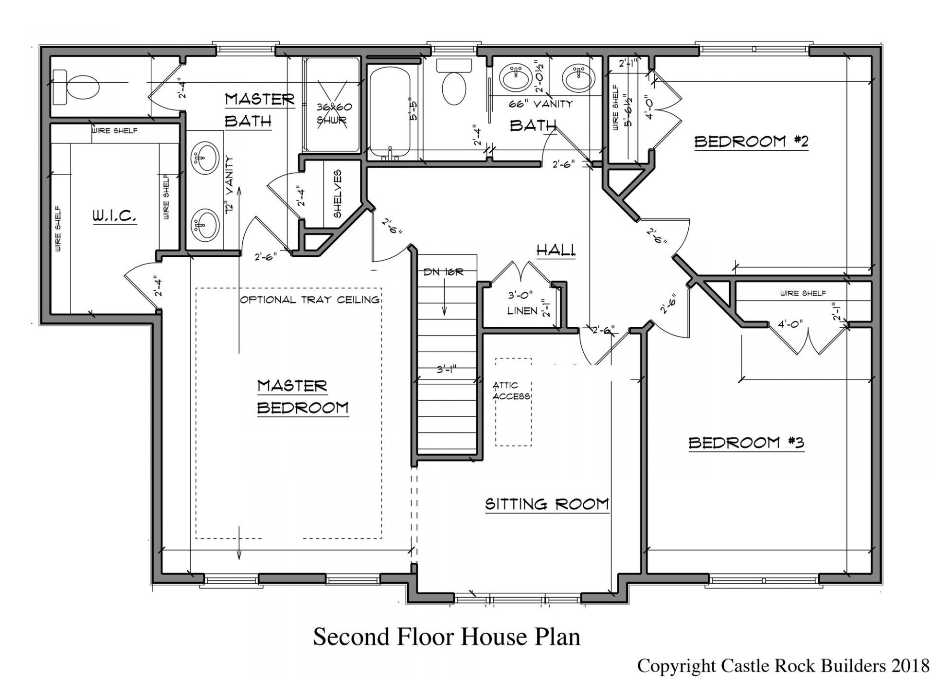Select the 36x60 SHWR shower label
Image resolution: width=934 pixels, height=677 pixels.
[x=334, y=113]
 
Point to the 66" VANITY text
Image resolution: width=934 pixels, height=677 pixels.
[x=540, y=104]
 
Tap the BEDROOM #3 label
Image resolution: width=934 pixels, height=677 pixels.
[x=746, y=443]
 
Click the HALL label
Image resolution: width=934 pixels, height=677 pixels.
[x=556, y=250]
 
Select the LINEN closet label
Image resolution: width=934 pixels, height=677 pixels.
[x=522, y=310]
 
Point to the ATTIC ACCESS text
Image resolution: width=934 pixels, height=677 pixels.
[x=511, y=391]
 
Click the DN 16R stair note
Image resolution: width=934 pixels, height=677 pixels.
[x=443, y=272]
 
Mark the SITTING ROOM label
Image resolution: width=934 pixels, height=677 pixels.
[x=547, y=504]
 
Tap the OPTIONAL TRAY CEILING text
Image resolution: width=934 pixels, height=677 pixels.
[x=310, y=300]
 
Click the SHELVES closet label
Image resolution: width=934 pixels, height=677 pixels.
[x=337, y=194]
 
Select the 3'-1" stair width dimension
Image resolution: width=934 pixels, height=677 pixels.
[x=446, y=370]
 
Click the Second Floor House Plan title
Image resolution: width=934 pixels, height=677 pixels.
[x=446, y=637]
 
